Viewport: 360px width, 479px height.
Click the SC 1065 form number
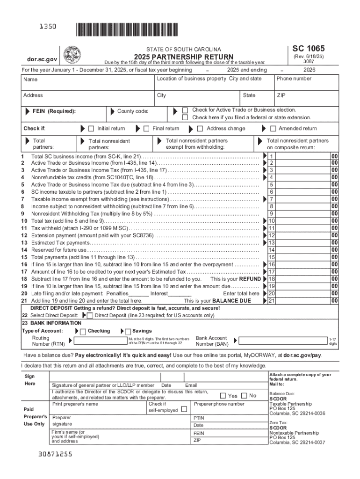click(309, 49)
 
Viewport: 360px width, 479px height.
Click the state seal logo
click(72, 55)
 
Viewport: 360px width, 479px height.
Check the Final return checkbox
click(146, 129)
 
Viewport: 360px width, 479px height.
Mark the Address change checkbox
click(200, 129)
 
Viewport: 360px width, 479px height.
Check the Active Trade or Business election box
click(185, 110)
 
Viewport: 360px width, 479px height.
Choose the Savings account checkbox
click(128, 332)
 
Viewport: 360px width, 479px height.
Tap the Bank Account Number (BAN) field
click(281, 341)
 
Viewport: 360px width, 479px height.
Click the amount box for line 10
click(299, 220)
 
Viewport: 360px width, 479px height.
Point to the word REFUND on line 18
click(250, 279)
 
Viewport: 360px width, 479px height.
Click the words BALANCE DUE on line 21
click(231, 301)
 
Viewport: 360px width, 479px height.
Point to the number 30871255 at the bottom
click(56, 454)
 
